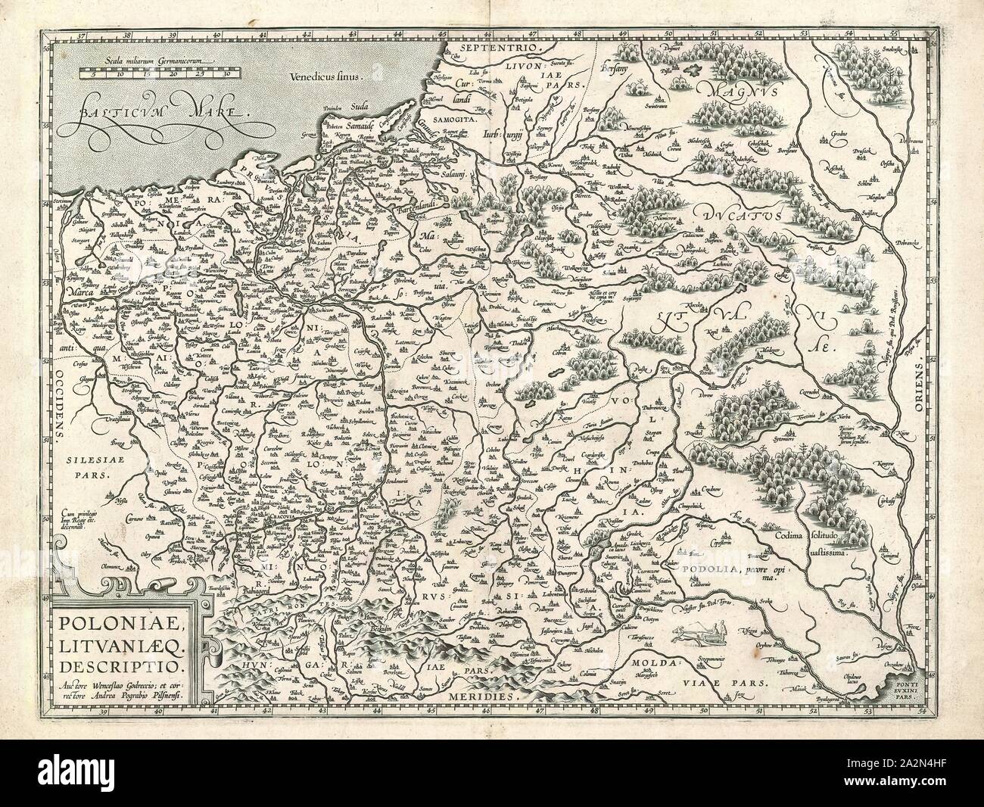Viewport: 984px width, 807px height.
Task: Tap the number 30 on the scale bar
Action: [x=227, y=75]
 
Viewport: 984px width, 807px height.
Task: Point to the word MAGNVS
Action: [x=727, y=90]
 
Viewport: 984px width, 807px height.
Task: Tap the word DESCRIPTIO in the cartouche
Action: [x=124, y=666]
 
